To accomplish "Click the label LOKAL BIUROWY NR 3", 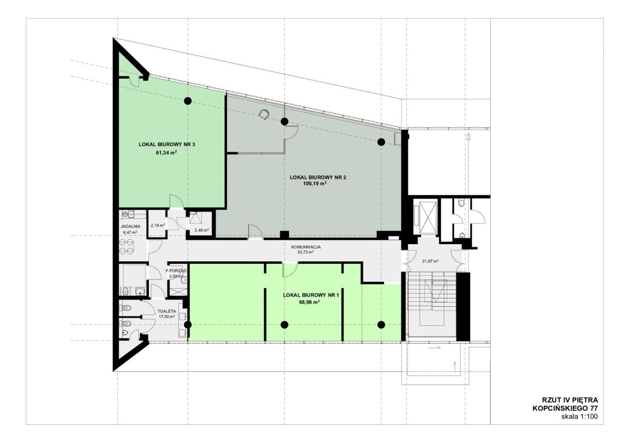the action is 167,144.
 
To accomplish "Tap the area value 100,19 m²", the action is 315,183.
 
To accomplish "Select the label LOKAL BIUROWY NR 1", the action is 311,295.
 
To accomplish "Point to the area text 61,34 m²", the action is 167,152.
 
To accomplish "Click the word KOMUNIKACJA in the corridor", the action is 306,247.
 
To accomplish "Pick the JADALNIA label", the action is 130,226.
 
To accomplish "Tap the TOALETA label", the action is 167,311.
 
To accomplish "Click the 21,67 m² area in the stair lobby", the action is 430,261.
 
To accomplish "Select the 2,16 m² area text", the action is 157,225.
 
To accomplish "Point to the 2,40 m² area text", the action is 202,230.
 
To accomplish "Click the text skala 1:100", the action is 580,424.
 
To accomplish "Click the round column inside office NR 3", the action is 188,101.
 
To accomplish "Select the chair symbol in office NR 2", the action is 264,114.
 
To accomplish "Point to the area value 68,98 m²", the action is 310,302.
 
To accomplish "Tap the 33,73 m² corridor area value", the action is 306,252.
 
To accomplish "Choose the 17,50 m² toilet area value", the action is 167,316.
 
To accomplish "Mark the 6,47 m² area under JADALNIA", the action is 130,232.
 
